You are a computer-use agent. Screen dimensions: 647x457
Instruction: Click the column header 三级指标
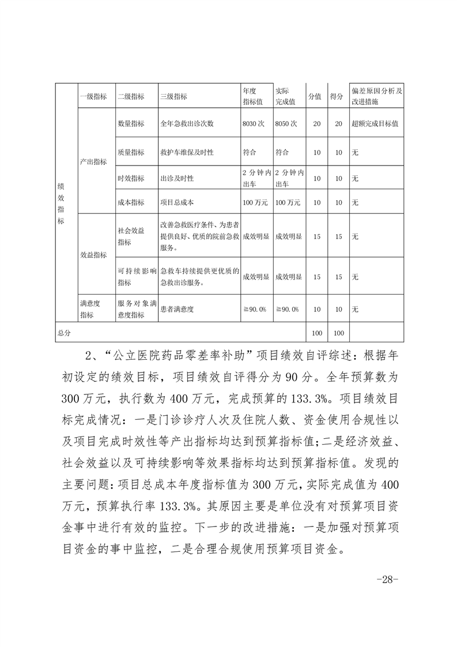pyautogui.click(x=173, y=96)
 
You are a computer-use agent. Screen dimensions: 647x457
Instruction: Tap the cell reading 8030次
pyautogui.click(x=254, y=123)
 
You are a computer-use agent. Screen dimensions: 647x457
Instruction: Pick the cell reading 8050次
pyautogui.click(x=286, y=123)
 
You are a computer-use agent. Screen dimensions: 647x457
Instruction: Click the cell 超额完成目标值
pyautogui.click(x=376, y=123)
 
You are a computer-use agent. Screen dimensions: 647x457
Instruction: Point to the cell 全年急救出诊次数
pyautogui.click(x=187, y=123)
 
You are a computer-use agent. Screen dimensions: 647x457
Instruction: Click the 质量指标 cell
pyautogui.click(x=131, y=152)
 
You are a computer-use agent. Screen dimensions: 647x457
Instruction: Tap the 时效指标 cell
pyautogui.click(x=131, y=179)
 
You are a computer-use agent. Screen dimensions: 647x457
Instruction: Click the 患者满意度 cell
pyautogui.click(x=177, y=310)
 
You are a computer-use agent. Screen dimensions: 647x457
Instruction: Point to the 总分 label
pyautogui.click(x=63, y=333)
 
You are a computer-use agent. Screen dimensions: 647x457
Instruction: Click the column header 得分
pyautogui.click(x=337, y=96)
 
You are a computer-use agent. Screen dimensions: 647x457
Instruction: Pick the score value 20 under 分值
pyautogui.click(x=316, y=123)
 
